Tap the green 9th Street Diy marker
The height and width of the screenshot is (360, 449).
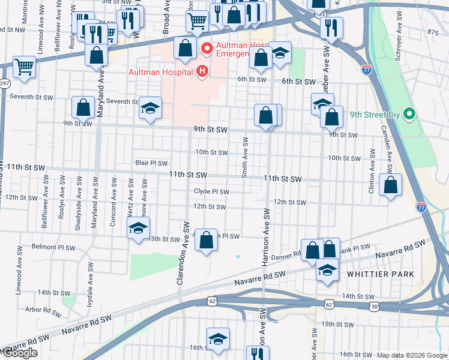410,113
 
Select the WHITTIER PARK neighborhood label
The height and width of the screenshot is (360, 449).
381,274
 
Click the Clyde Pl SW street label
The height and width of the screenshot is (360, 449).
211,192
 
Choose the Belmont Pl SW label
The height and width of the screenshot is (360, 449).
53,247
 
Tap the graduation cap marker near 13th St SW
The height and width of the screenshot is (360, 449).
138,229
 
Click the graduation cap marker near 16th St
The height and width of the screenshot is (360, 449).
218,340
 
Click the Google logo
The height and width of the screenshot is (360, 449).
19,353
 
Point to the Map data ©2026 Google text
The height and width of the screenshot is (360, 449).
412,355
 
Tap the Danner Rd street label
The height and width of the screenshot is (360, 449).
289,256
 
